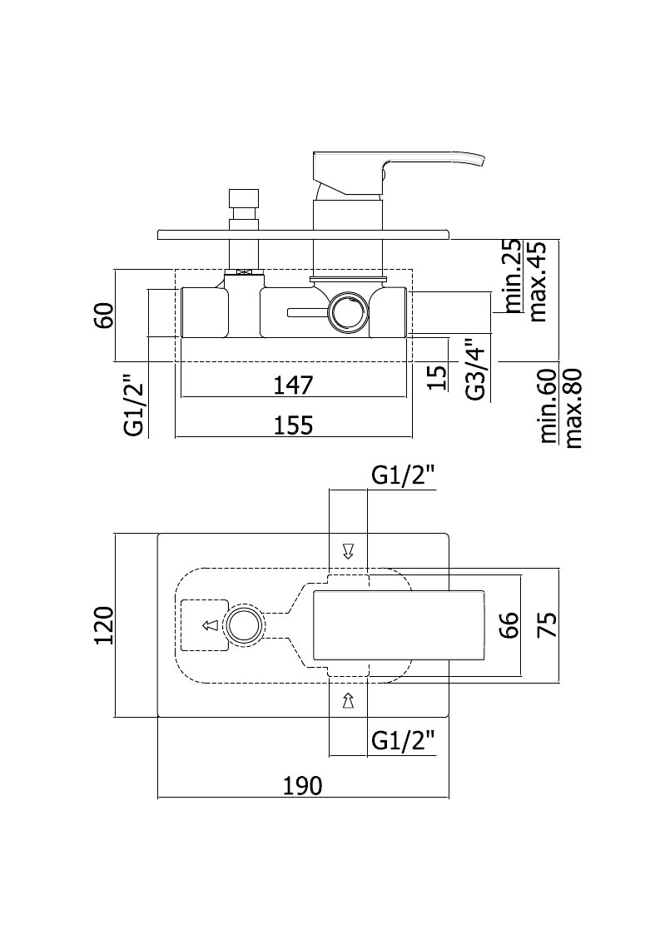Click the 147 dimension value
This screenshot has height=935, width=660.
(x=293, y=385)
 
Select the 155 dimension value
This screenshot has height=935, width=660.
(x=293, y=425)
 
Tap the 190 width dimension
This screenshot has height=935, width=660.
(x=302, y=785)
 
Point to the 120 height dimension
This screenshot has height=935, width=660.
(x=104, y=625)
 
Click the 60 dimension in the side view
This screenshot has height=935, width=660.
(x=104, y=316)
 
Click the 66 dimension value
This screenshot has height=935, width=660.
(x=509, y=625)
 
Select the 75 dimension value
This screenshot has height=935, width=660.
(x=548, y=625)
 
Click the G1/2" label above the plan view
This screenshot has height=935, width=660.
(x=403, y=476)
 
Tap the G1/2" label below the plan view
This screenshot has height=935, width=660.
(x=403, y=741)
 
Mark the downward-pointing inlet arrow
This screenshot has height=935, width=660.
(x=348, y=551)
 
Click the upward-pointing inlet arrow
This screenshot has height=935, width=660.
(x=348, y=700)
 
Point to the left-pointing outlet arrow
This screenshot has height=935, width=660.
(x=209, y=625)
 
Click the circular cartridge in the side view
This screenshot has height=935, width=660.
(x=347, y=311)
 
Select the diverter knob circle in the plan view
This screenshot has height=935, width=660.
(x=243, y=625)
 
